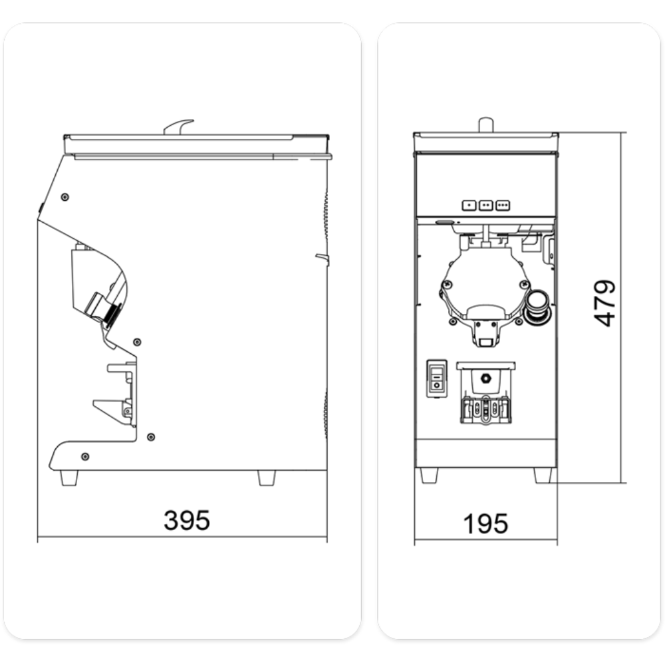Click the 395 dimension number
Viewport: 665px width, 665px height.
(187, 520)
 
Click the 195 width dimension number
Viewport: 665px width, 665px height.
(485, 523)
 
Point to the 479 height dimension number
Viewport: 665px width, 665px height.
(604, 303)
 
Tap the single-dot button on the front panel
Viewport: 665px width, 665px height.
(469, 205)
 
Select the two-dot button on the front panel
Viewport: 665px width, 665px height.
(485, 205)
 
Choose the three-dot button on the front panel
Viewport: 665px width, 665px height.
(503, 205)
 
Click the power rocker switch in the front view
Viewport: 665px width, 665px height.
(437, 379)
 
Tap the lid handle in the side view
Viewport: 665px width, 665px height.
(178, 127)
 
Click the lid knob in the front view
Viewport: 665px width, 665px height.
(486, 125)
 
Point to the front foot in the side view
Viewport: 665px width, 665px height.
(69, 477)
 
